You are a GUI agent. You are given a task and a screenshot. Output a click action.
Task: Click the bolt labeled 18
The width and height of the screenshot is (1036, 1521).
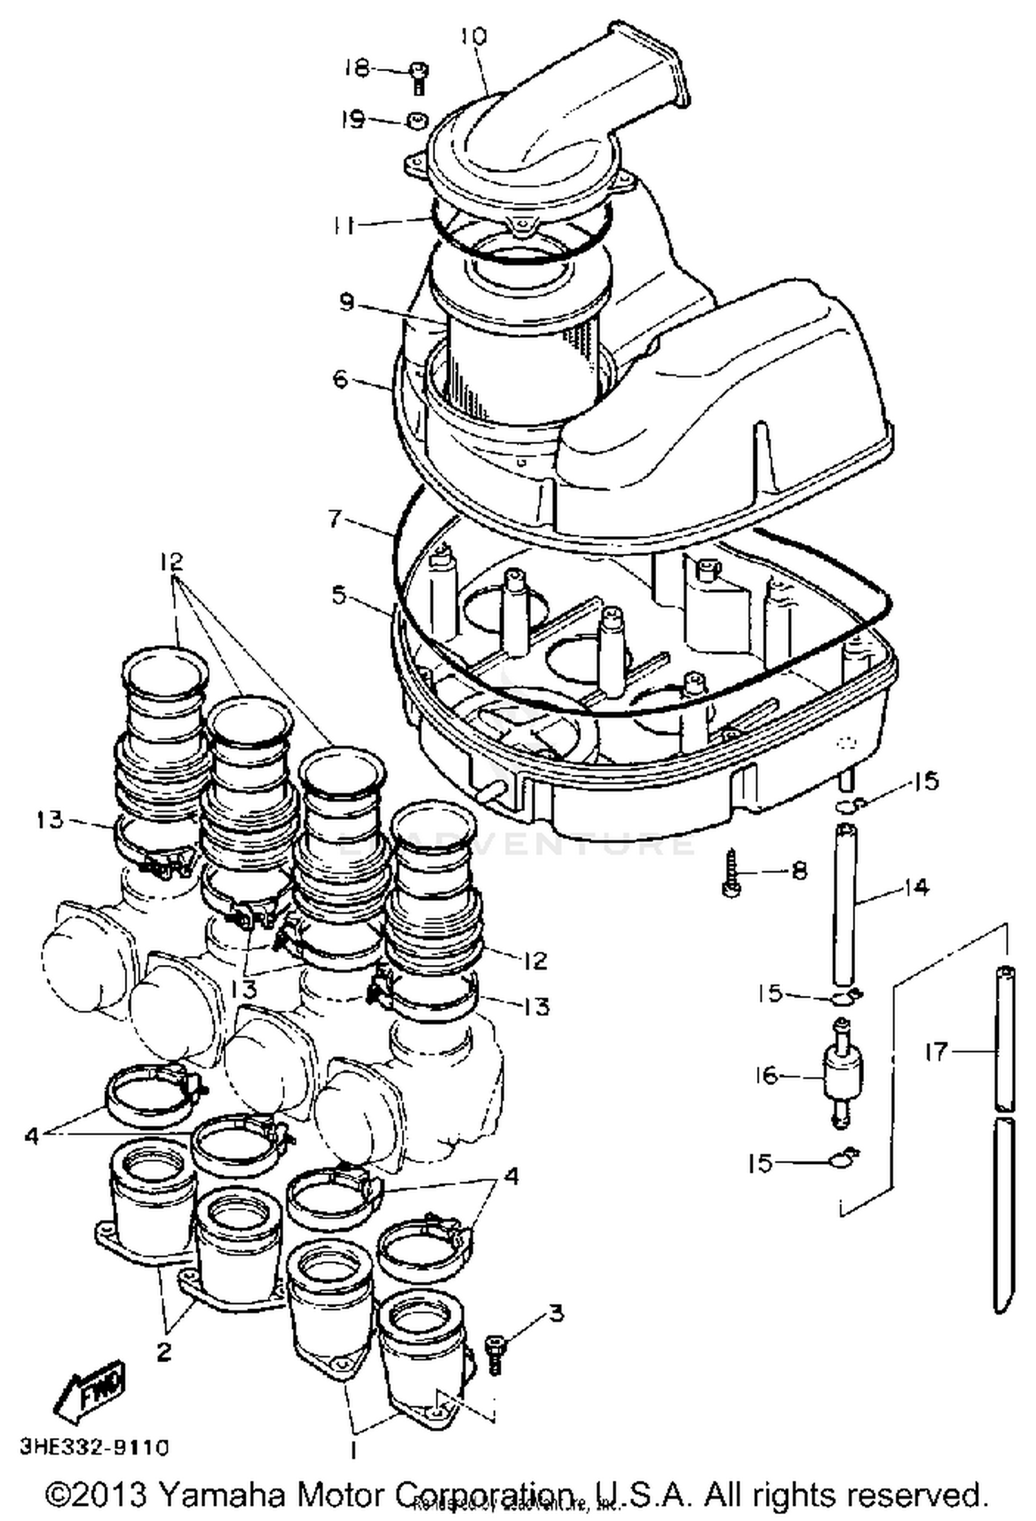418,76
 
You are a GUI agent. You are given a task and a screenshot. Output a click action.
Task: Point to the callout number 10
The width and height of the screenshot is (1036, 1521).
474,36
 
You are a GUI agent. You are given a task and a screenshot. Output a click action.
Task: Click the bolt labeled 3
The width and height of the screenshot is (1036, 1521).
495,1355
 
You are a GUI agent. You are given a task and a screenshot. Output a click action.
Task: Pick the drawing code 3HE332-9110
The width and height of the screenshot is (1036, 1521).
94,1447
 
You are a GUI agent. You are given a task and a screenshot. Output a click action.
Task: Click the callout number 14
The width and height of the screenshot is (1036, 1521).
917,887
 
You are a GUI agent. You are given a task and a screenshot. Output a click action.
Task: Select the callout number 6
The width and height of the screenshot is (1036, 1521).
340,379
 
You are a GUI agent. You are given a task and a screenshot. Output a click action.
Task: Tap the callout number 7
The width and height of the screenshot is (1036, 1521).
336,517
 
